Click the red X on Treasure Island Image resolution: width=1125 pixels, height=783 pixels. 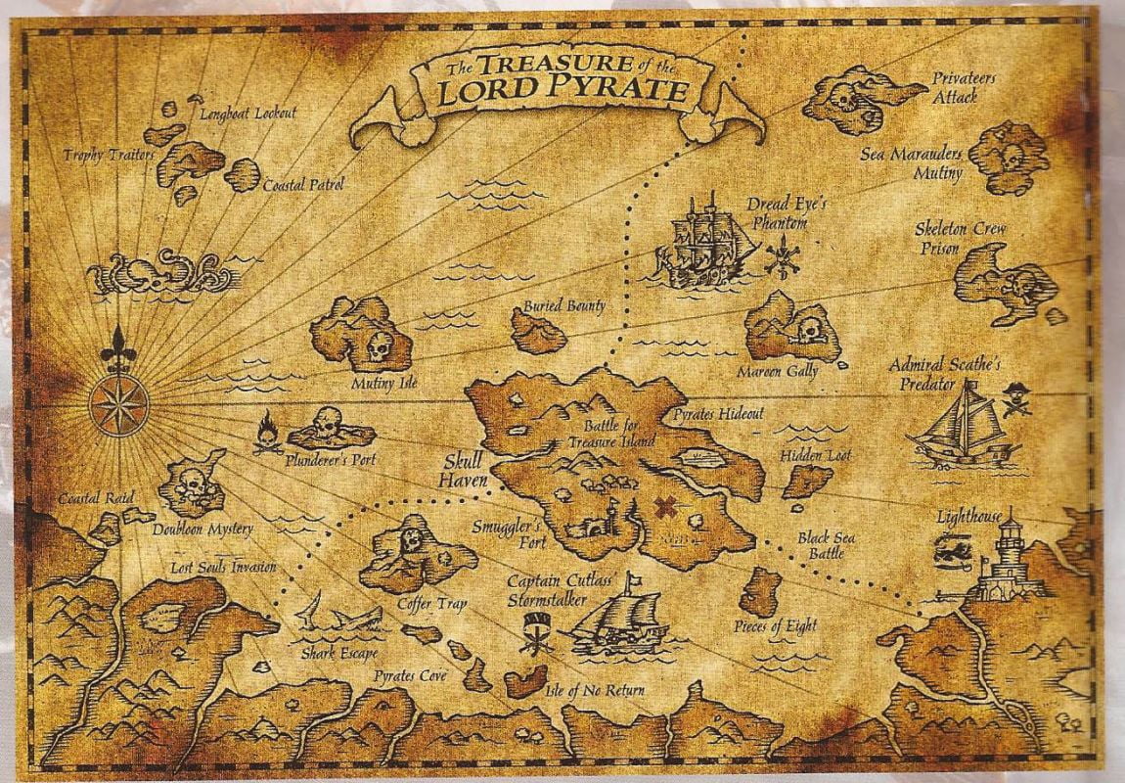[x=666, y=507]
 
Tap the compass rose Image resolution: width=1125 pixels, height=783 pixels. [x=118, y=404]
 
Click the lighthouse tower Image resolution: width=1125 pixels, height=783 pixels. [x=1008, y=558]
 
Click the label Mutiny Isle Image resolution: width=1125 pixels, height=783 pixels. [x=384, y=383]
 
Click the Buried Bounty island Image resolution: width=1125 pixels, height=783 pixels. [x=538, y=333]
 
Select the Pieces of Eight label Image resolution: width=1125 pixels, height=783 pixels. [x=775, y=626]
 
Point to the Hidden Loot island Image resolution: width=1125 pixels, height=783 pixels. [x=806, y=481]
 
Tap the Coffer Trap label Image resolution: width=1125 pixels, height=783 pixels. [x=431, y=604]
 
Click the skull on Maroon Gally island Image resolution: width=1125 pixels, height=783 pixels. [x=810, y=331]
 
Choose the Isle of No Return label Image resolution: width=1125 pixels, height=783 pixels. [x=599, y=691]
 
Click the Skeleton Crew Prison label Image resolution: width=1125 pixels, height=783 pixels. [x=947, y=239]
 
